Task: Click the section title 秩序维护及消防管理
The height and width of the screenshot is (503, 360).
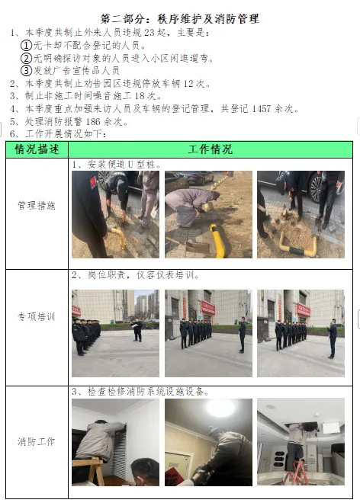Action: click(208, 19)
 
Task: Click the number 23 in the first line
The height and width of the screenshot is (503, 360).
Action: click(149, 33)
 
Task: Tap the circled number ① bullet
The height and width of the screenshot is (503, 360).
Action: click(26, 45)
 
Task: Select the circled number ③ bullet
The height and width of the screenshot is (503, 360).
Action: click(26, 70)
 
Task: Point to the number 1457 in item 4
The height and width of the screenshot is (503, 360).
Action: click(262, 109)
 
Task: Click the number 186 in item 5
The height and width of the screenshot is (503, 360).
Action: click(93, 122)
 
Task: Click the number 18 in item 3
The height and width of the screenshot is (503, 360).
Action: click(140, 95)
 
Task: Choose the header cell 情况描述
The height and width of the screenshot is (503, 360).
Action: click(37, 149)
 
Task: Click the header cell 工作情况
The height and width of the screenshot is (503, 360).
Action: click(211, 149)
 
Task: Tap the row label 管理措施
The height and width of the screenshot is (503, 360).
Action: click(37, 205)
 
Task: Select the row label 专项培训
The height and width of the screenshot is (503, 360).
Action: click(37, 317)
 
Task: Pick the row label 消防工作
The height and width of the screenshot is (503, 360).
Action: click(37, 442)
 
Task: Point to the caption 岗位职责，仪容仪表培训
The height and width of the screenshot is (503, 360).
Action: click(143, 275)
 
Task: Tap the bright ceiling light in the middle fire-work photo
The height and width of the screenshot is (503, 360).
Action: click(220, 408)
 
